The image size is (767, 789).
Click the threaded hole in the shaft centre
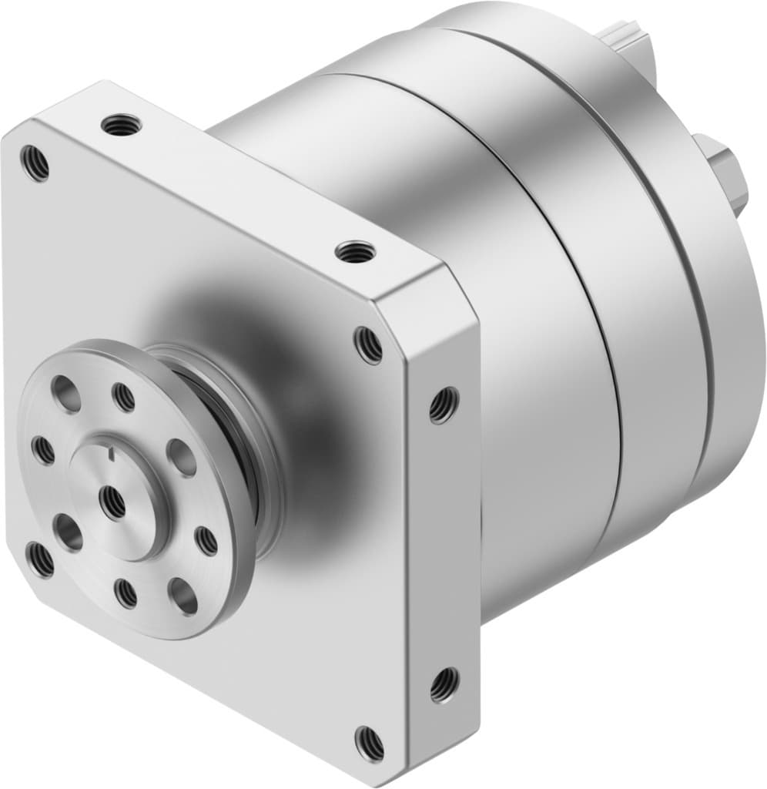[113, 502]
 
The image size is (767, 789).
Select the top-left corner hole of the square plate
[35, 163]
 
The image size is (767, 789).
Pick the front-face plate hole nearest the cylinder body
[368, 344]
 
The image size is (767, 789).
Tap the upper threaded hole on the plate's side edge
[444, 404]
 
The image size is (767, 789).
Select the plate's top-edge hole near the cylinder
[354, 250]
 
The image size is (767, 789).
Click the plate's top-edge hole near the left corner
[122, 124]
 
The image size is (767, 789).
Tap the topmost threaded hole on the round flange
[123, 397]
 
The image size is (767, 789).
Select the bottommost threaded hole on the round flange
[126, 593]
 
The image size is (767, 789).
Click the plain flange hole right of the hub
[181, 458]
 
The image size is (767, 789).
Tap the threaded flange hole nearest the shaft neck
[207, 540]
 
